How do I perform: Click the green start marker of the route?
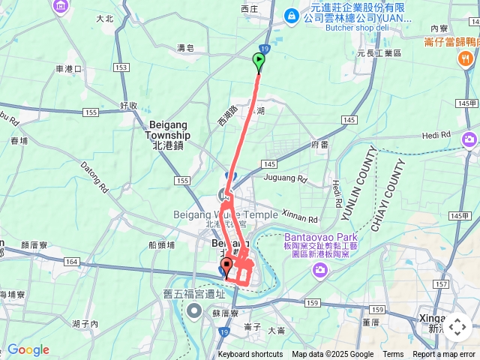pos(259,61)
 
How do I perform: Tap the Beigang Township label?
pos(167,135)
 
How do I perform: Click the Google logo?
pos(28,349)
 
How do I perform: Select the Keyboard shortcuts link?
pos(250,355)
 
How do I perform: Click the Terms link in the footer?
pos(393,355)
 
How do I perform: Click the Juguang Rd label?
pos(286,179)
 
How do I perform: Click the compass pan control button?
pos(458,327)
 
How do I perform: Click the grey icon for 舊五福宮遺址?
pos(195,310)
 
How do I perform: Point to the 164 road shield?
pos(70,262)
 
